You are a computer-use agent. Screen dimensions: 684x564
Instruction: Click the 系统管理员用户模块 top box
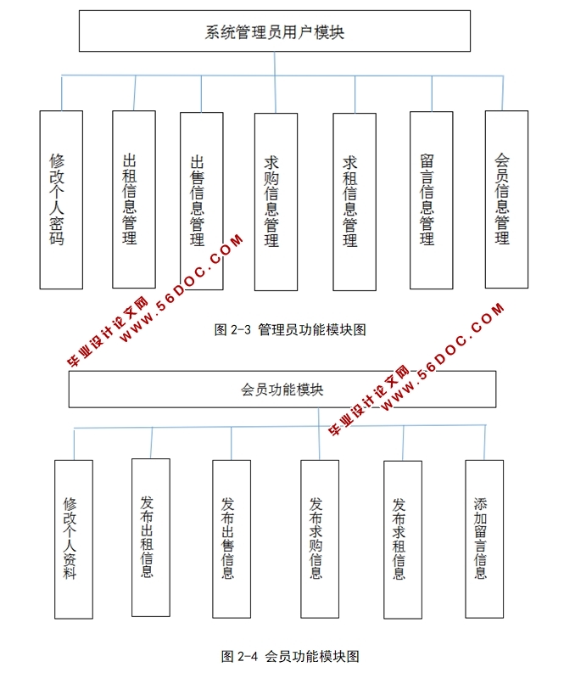pos(274,32)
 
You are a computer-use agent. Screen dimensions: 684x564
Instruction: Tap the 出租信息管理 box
pos(133,199)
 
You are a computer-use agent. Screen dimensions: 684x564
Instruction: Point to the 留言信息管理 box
pos(430,200)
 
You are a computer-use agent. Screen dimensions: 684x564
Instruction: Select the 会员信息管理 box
pos(506,199)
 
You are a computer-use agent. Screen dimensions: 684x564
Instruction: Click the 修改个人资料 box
pos(73,539)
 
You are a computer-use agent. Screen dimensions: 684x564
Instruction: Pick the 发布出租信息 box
pos(150,537)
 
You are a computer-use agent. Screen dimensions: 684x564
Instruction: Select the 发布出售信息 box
pos(231,539)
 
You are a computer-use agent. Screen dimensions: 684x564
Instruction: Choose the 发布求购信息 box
pos(319,539)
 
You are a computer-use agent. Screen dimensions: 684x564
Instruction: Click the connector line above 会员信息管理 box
pos(507,93)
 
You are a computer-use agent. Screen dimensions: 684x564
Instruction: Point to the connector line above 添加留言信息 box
pos(485,442)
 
